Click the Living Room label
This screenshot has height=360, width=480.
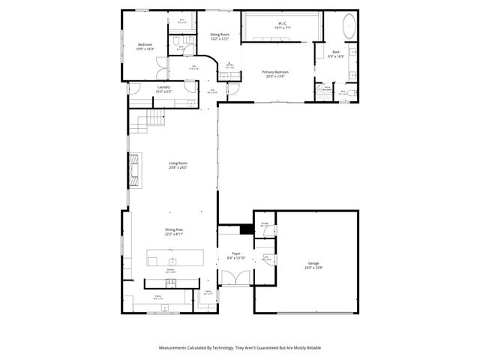178,163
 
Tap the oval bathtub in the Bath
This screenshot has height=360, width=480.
350,28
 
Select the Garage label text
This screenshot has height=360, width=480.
313,263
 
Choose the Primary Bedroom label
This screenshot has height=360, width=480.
275,72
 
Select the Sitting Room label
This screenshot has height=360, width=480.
220,34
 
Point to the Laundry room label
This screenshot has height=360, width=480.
163,87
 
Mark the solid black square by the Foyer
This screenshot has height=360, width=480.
245,230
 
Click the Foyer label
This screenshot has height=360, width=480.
235,253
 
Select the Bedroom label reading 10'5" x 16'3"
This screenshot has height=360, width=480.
145,49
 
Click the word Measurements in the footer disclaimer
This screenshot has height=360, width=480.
178,348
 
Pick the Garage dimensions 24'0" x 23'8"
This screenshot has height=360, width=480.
313,268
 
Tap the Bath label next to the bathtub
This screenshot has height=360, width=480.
336,52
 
